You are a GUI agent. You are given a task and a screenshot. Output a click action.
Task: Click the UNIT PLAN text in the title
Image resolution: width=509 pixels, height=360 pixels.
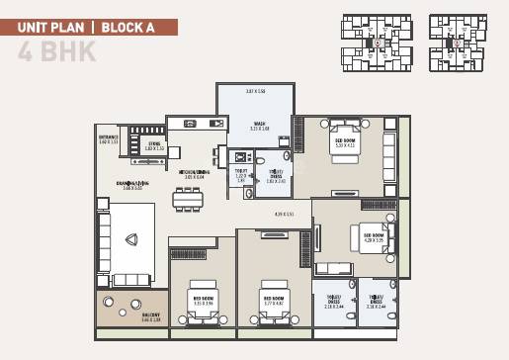click(50, 28)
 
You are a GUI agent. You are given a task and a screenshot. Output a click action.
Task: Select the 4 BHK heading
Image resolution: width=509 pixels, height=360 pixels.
click(56, 53)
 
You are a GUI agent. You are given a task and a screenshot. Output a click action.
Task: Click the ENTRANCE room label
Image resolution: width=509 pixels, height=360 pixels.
click(108, 137)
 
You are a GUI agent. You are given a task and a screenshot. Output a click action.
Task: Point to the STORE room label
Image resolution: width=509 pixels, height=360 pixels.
click(154, 144)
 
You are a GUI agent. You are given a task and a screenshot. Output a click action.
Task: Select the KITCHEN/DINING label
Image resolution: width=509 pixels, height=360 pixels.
click(193, 172)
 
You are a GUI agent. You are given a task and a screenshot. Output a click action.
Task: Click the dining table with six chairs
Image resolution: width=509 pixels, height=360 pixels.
click(188, 199)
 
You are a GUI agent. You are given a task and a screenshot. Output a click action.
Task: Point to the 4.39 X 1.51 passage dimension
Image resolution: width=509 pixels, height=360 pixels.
click(285, 214)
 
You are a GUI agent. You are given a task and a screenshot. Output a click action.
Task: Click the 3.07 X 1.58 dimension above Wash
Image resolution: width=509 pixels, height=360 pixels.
click(255, 92)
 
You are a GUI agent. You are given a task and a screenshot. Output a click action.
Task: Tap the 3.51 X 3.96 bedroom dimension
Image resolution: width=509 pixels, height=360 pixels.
click(203, 304)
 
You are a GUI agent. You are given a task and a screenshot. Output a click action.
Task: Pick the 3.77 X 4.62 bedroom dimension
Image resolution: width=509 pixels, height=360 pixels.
click(273, 304)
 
